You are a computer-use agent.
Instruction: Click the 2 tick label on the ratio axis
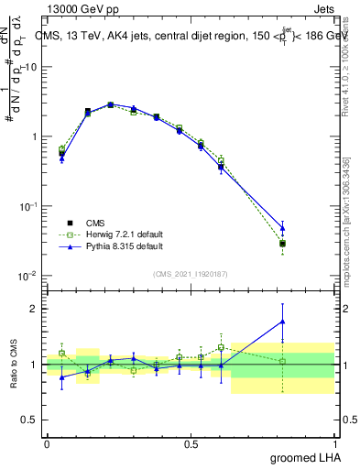click(35, 309)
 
